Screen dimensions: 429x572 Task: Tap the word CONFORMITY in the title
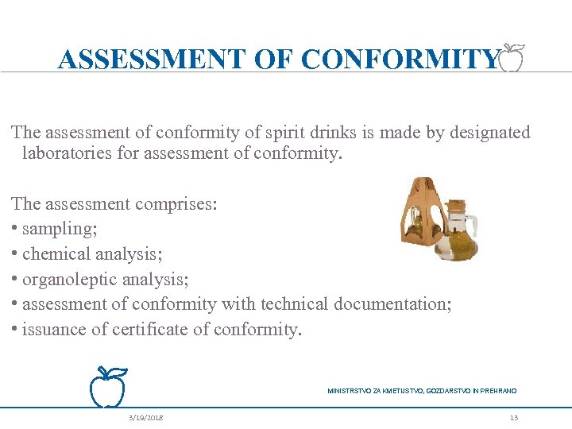pos(401,60)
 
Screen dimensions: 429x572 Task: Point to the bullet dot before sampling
pos(16,229)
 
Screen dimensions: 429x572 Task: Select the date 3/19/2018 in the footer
pos(146,417)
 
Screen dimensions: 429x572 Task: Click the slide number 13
pos(514,417)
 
